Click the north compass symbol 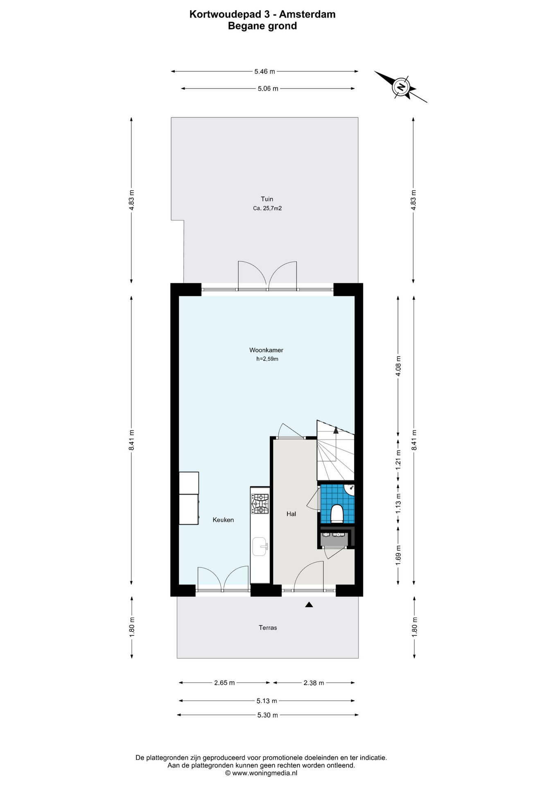tap(401, 87)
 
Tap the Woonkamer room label tap(266, 350)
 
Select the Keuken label tap(223, 520)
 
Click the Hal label tap(291, 514)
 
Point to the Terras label tap(268, 628)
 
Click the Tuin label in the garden tap(267, 199)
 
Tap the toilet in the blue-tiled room tap(337, 514)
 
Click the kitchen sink tap(260, 547)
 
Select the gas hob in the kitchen tap(260, 504)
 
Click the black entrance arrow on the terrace tap(309, 604)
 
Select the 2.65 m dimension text tap(224, 682)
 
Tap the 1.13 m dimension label tap(398, 504)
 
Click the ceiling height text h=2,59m tap(267, 359)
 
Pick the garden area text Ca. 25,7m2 tap(267, 208)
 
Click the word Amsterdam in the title tap(307, 14)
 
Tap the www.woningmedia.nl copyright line tap(261, 773)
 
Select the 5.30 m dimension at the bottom tap(267, 715)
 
